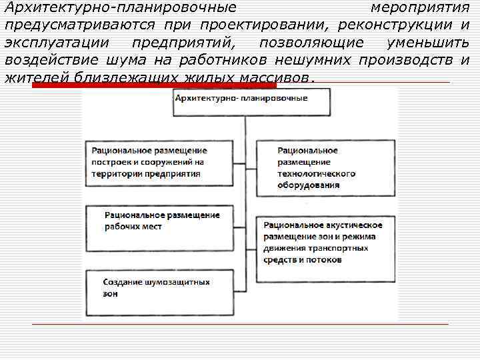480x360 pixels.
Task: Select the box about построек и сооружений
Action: [x=159, y=162]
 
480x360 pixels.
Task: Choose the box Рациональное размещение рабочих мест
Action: [x=159, y=222]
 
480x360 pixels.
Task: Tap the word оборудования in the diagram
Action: [x=308, y=185]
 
